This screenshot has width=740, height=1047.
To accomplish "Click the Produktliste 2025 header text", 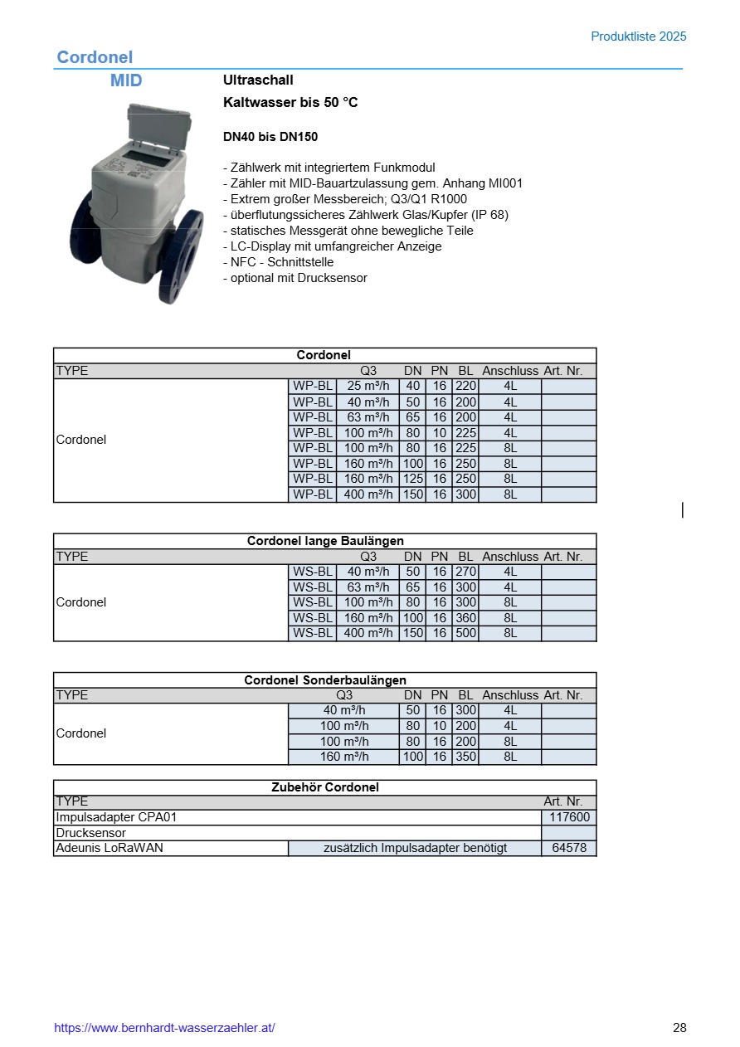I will coord(638,37).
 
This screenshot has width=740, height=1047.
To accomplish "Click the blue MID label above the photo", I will coord(126,80).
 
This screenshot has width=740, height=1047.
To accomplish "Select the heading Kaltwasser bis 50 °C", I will coord(290,103).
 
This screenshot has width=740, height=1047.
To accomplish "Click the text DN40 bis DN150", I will coord(270,137).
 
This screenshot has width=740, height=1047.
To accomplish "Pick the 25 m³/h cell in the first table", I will coord(368,386).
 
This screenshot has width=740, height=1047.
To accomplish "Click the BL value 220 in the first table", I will coord(465,386).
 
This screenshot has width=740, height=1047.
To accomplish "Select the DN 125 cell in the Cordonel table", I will coord(412,479).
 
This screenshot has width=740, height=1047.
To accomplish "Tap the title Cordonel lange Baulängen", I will coord(325,541).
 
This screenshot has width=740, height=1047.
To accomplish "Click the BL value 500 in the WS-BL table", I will coord(465,633).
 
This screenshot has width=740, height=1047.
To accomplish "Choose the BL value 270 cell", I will coord(465,572).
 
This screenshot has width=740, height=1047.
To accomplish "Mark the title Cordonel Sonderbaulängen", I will coord(325,680).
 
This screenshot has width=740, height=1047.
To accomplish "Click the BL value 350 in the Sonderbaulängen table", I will coord(465,757).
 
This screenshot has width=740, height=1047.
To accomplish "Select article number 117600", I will coord(569,817).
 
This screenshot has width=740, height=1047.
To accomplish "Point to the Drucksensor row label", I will coord(90,833).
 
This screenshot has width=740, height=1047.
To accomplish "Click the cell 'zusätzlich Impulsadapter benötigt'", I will coord(415,848).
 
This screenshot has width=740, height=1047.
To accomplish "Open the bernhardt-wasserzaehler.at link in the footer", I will coord(164,1028).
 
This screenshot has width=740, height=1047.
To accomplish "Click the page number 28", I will coord(679,1028).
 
